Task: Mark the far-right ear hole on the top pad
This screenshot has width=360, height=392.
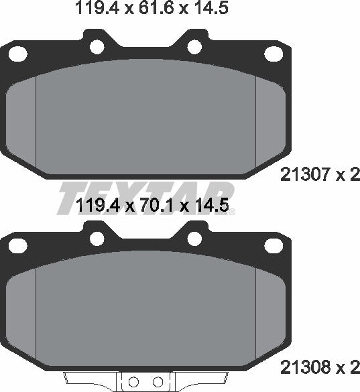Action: [x=275, y=54]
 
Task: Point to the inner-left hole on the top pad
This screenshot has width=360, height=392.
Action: [x=97, y=47]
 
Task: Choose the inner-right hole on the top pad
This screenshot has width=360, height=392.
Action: [x=194, y=47]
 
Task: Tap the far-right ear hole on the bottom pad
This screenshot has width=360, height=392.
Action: [x=275, y=247]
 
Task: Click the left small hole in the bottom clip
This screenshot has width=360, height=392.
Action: [x=133, y=382]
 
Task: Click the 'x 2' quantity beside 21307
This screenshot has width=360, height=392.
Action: [x=347, y=176]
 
